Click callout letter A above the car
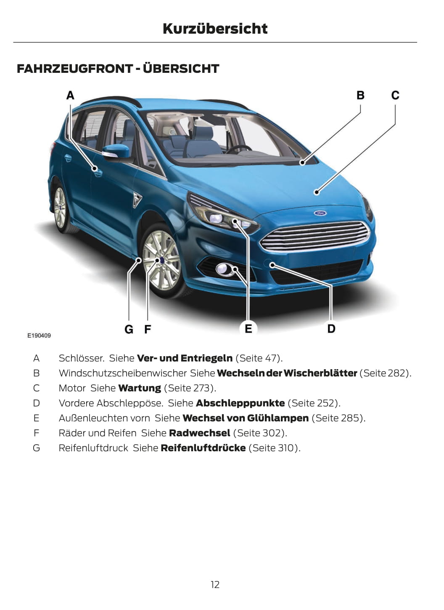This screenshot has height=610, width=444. tap(70, 95)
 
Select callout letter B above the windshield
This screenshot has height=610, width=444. tap(360, 95)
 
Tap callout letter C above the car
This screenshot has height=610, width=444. tap(395, 95)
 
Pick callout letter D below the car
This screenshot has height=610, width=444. tap(331, 329)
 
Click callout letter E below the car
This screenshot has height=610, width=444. tap(248, 329)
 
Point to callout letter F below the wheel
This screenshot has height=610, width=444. tap(148, 329)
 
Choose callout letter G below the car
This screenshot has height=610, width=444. tap(129, 329)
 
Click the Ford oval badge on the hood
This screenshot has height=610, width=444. tap(320, 213)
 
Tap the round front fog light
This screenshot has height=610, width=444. tap(223, 269)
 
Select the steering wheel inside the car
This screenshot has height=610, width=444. tap(239, 149)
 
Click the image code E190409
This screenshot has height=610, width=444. tap(39, 336)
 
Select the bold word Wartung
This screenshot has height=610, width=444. tap(140, 388)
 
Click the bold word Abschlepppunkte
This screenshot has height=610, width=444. tap(240, 403)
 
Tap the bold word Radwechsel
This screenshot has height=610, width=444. tap(199, 433)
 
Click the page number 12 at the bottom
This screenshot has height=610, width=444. tap(215, 584)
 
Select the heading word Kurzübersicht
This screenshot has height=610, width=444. tap(215, 29)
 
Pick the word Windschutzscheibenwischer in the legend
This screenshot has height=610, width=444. tap(123, 373)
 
